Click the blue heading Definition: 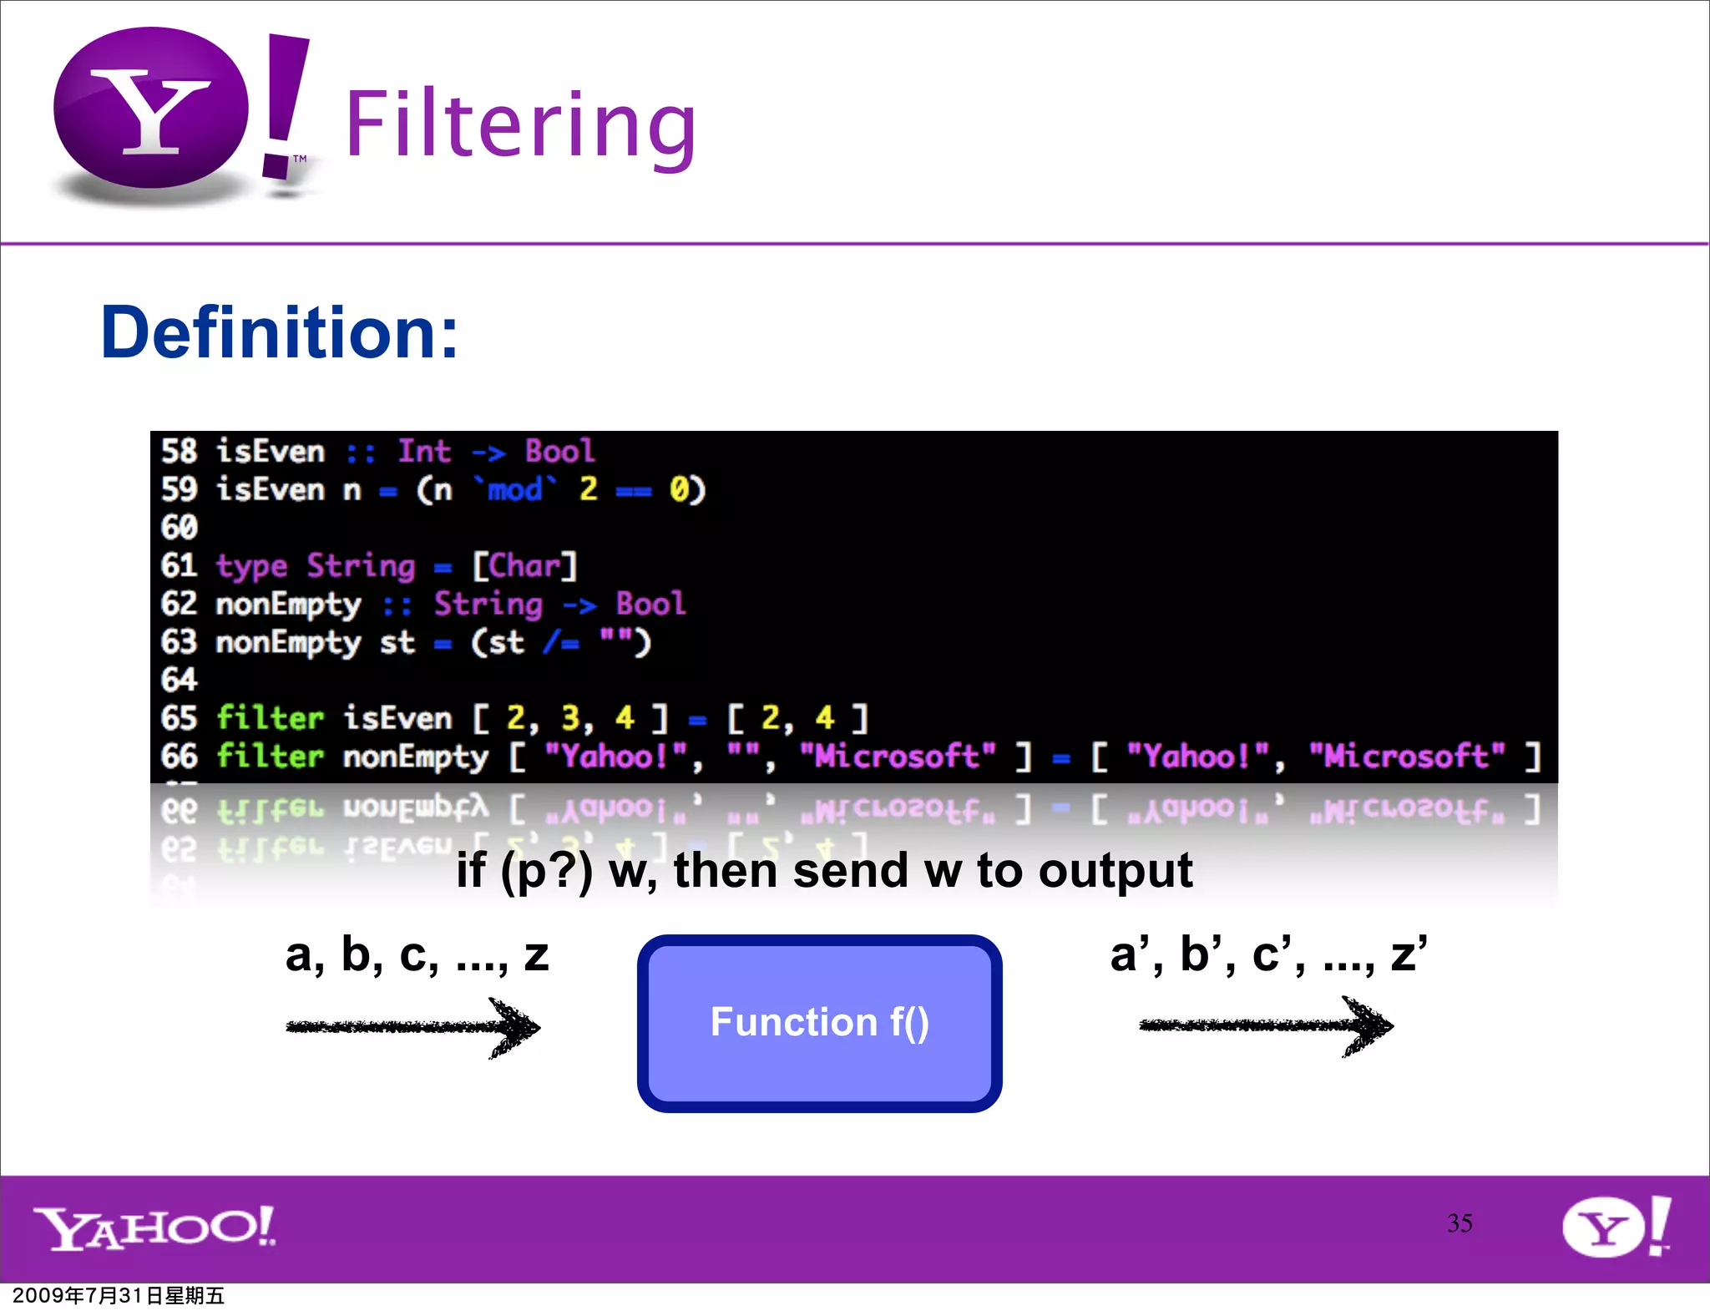(x=279, y=332)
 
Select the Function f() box (x=819, y=1022)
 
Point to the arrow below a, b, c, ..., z (x=413, y=1027)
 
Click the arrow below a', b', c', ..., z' (x=1266, y=1025)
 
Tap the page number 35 (x=1460, y=1223)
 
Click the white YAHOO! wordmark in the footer (x=154, y=1227)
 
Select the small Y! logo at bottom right (x=1616, y=1226)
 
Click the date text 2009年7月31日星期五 (x=119, y=1295)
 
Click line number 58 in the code (x=179, y=452)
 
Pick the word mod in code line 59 (x=515, y=489)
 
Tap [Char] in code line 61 (x=524, y=566)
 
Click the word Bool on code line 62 (x=650, y=604)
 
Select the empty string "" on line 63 (x=616, y=641)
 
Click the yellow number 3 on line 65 (x=570, y=718)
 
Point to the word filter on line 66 (x=270, y=757)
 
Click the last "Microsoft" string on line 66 (x=1407, y=757)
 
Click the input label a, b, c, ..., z (x=417, y=954)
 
